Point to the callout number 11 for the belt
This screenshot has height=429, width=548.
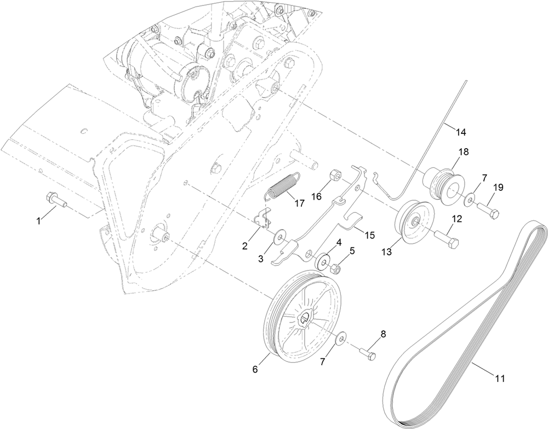click(500, 378)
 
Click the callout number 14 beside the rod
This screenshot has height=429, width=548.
click(461, 132)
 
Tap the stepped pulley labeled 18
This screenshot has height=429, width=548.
click(445, 183)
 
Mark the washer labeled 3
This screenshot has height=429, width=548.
click(280, 237)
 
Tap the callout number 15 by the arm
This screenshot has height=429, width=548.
click(370, 235)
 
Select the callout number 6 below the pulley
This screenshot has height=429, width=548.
click(254, 370)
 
